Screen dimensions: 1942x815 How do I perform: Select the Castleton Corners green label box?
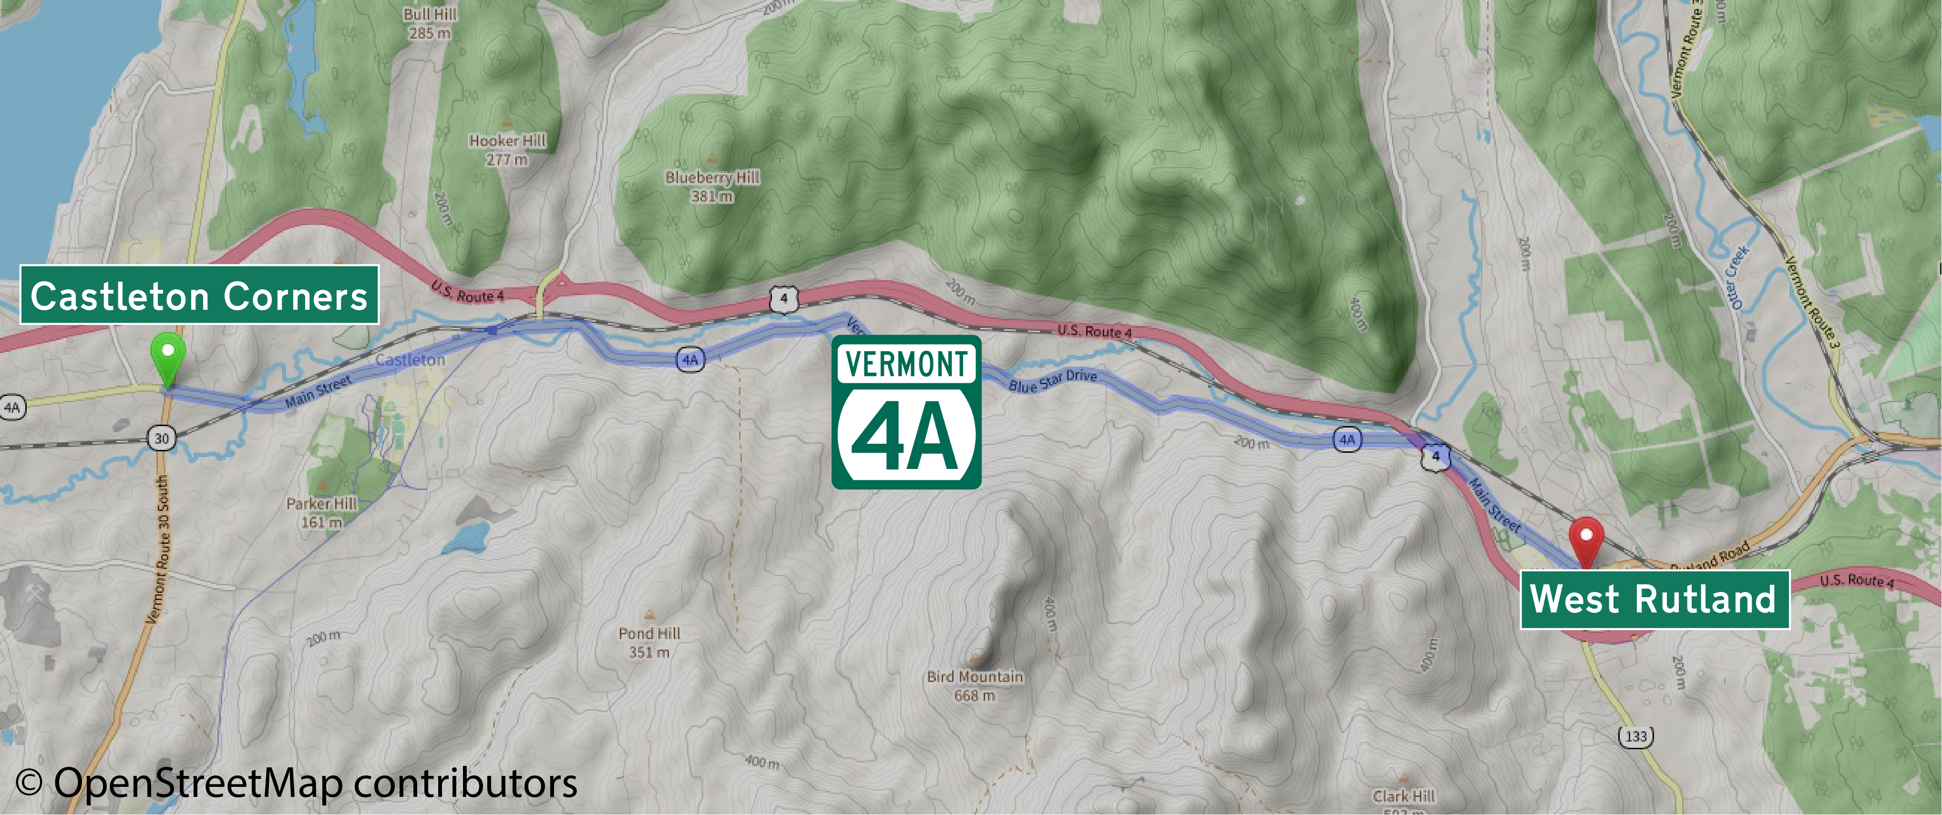click(199, 295)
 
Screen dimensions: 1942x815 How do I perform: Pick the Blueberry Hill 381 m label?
click(712, 186)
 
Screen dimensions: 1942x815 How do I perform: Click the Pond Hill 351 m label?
click(649, 642)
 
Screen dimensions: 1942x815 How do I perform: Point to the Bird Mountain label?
click(975, 685)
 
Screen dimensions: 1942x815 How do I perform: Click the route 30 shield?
click(161, 438)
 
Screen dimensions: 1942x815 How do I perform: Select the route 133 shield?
click(1636, 736)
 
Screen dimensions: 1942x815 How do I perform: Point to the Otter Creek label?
click(1736, 277)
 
